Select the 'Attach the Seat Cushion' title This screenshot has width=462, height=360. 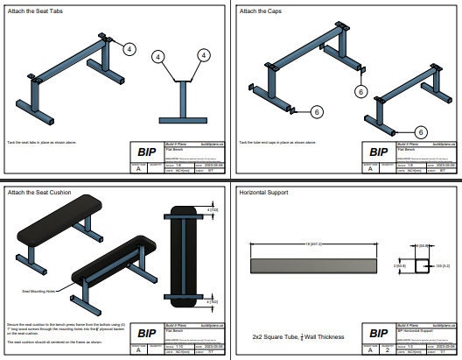[34, 190]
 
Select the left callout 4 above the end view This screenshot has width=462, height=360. [158, 56]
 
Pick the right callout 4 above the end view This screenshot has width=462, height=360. [202, 56]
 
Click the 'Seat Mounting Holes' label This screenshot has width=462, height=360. [33, 289]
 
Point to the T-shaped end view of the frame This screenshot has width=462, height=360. [181, 102]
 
